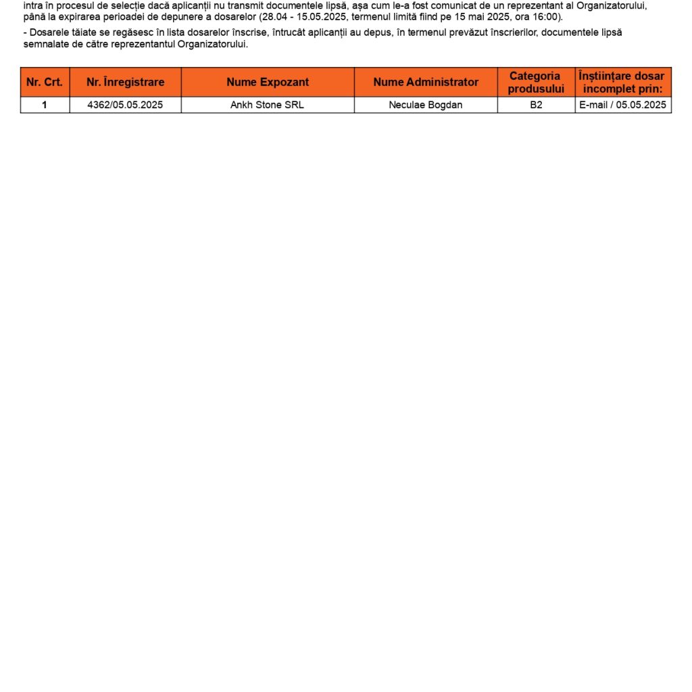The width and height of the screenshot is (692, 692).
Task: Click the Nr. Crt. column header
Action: point(45,82)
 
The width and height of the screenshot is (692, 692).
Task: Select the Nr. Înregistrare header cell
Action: point(125,82)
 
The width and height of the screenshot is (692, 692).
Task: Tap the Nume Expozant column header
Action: point(268,82)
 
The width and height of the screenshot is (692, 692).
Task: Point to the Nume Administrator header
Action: point(426,82)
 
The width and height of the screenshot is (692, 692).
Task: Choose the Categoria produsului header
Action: point(536,82)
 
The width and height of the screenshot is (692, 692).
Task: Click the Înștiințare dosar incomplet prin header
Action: point(622,82)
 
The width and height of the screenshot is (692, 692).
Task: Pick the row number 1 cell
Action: point(45,105)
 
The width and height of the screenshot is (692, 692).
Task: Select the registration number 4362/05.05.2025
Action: point(125,105)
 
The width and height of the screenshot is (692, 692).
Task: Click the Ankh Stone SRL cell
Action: point(268,105)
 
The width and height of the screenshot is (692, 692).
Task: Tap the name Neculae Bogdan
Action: point(426,105)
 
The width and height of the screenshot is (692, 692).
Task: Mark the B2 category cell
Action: point(536,105)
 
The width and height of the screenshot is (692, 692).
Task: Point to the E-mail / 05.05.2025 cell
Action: point(622,105)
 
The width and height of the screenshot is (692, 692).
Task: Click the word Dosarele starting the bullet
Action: point(49,32)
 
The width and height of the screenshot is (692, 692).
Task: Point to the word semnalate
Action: point(45,45)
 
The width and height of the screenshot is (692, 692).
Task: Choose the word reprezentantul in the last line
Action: point(143,45)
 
